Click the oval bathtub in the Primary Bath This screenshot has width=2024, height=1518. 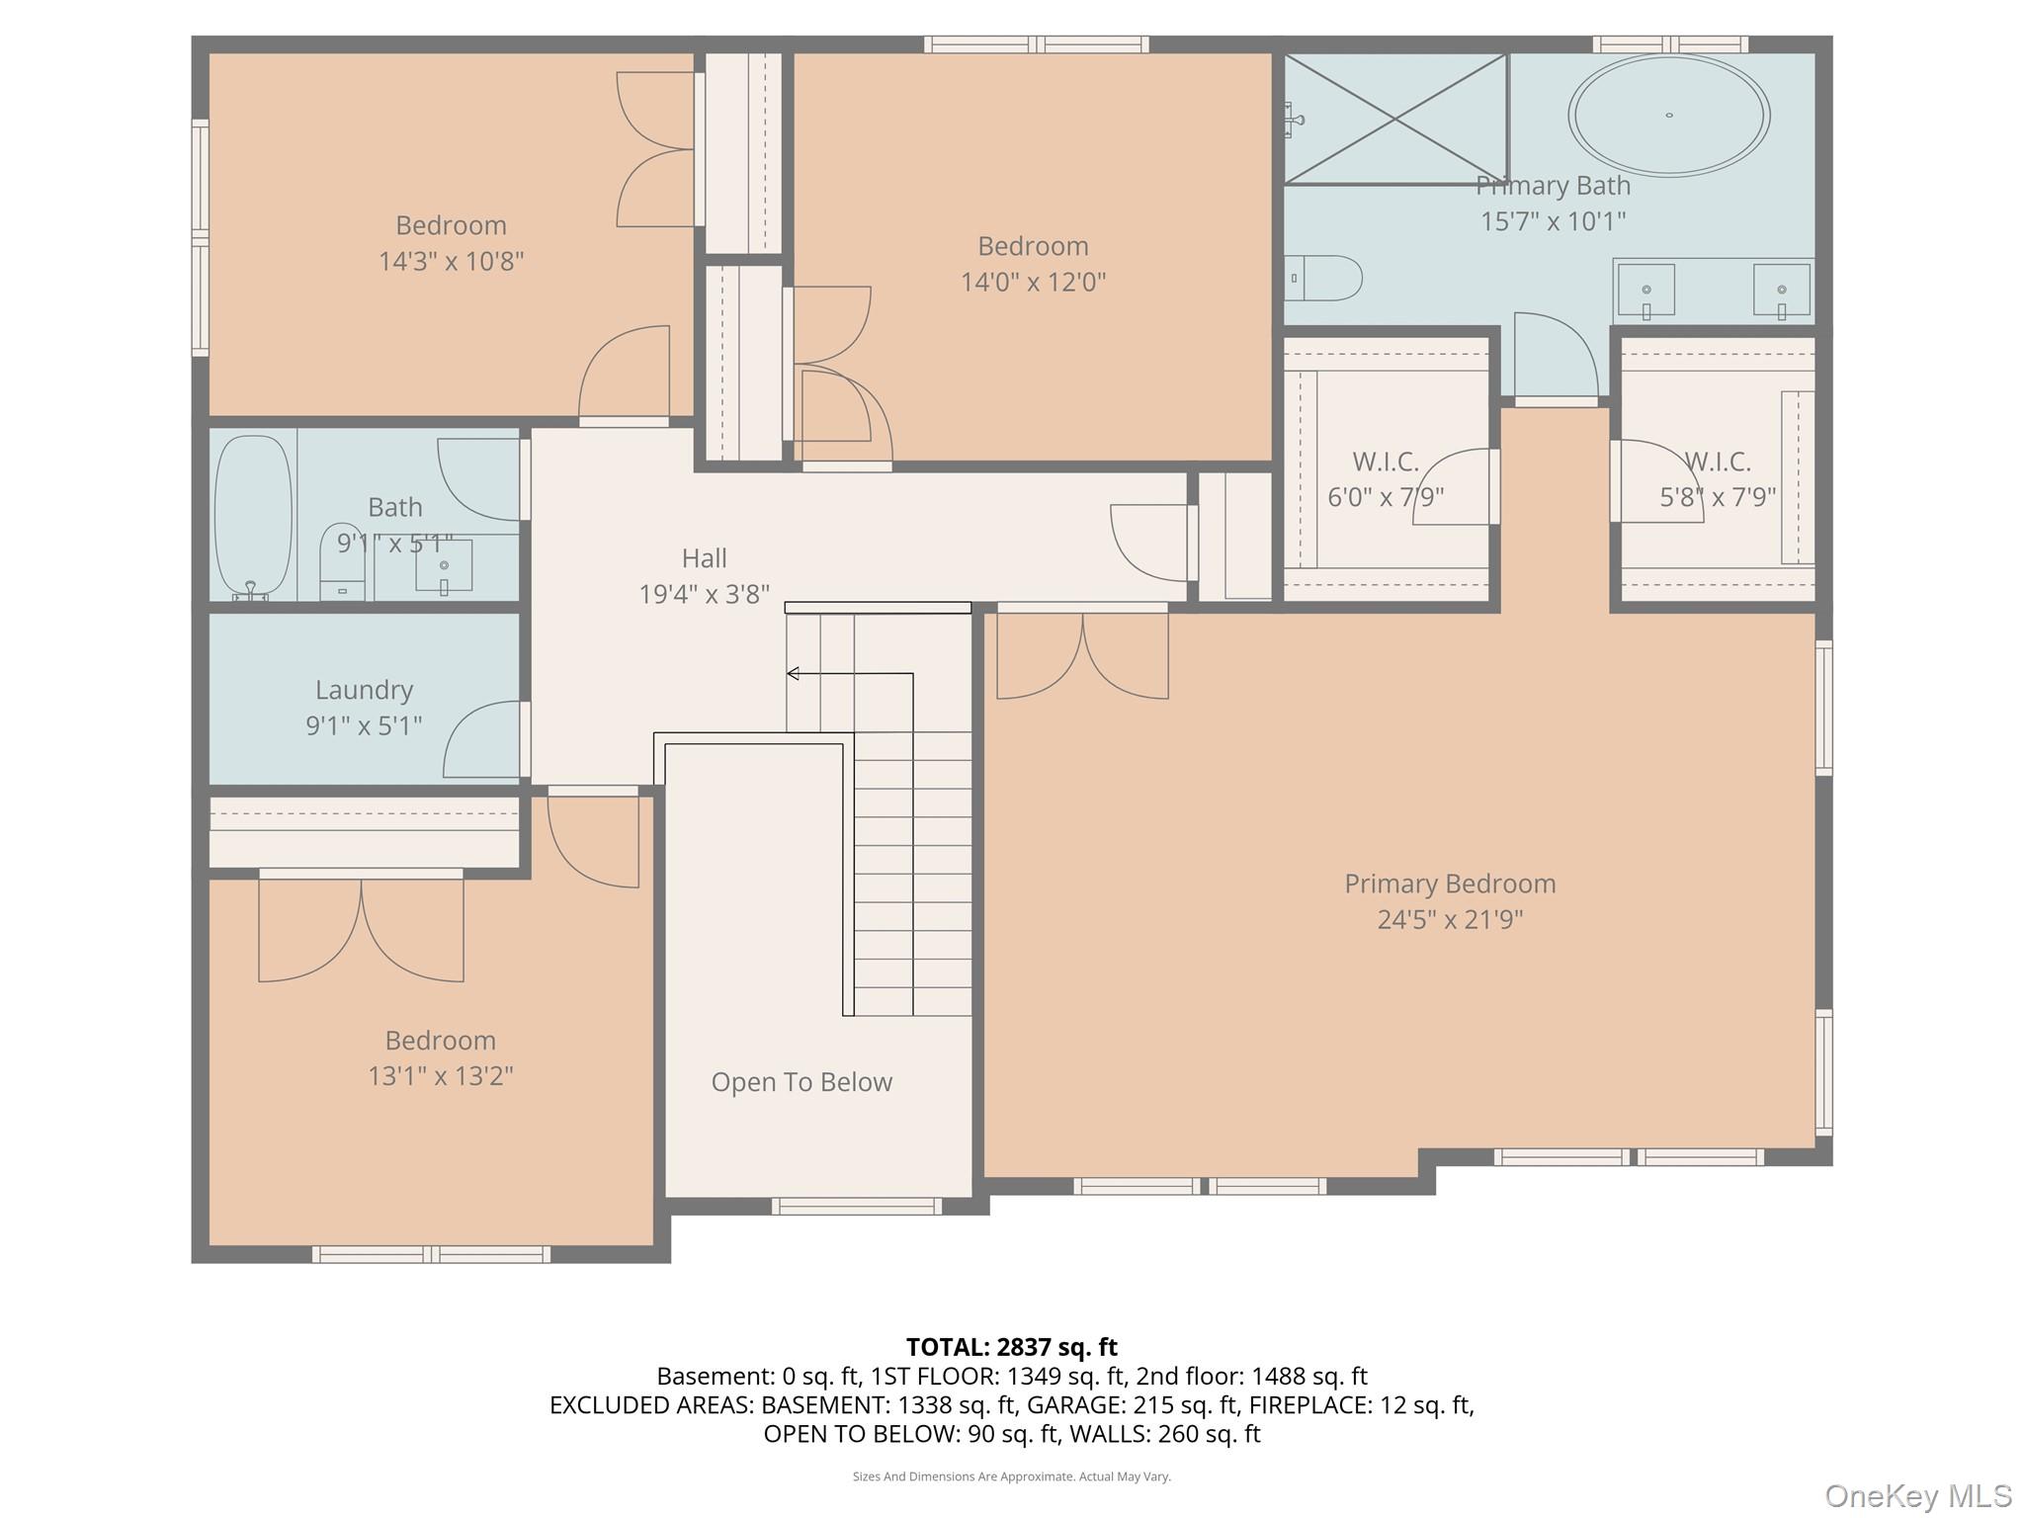tap(1668, 116)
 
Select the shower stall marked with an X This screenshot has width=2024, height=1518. tap(1395, 119)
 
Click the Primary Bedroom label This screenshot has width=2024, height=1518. tap(1450, 884)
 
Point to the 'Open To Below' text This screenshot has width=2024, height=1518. tap(801, 1082)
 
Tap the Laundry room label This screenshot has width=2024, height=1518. tap(364, 690)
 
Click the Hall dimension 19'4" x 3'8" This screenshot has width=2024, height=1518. tap(704, 594)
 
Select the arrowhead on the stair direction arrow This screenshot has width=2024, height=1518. tap(793, 674)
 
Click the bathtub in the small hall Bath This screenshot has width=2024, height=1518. tap(254, 518)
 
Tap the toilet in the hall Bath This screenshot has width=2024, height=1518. tap(343, 561)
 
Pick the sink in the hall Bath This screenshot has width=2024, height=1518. tap(444, 566)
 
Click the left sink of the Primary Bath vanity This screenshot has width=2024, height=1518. tap(1645, 291)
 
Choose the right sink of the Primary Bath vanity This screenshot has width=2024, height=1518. tap(1782, 291)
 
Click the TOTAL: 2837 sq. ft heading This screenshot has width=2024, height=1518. tap(1012, 1347)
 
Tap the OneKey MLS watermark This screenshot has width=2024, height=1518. tap(1918, 1495)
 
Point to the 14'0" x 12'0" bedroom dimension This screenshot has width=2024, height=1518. tap(1033, 282)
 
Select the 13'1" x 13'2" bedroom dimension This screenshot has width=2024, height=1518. tap(441, 1075)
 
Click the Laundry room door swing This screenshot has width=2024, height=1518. tap(482, 739)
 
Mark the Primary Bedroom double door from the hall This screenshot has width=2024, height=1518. tap(1083, 654)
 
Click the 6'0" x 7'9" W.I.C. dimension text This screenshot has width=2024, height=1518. tap(1386, 496)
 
